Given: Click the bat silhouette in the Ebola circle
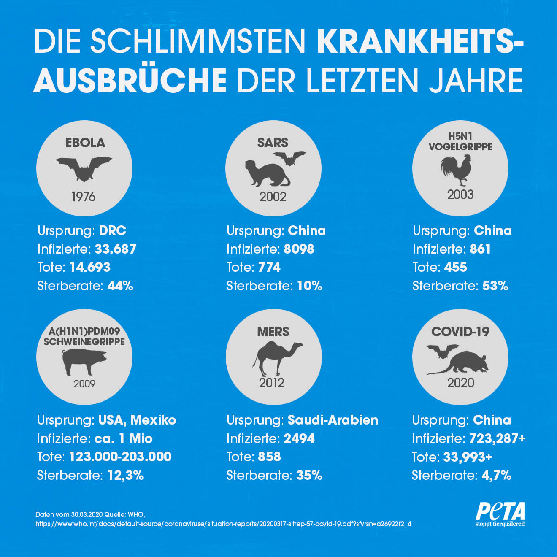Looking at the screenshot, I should (x=84, y=168).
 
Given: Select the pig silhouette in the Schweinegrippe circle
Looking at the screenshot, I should (x=84, y=361).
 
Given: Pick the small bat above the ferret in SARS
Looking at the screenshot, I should (x=289, y=158).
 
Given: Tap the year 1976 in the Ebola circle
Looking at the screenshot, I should (x=84, y=197).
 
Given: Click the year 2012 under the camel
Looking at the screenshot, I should (x=272, y=383).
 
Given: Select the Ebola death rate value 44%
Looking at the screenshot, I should (x=120, y=286).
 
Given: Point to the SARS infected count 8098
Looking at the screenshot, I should (x=299, y=249).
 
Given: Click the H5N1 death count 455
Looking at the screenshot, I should (x=455, y=267).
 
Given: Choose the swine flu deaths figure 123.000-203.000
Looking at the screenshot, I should (x=120, y=457).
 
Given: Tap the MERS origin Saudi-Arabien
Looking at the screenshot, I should (x=333, y=420).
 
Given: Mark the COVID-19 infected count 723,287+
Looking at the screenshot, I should (x=497, y=438).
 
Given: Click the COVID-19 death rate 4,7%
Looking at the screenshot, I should (x=496, y=475).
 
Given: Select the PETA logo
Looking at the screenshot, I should (x=500, y=514).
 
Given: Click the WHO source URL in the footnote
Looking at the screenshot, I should (x=223, y=524).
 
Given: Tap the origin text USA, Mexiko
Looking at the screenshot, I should (x=137, y=420).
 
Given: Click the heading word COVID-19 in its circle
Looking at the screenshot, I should (x=460, y=332).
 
